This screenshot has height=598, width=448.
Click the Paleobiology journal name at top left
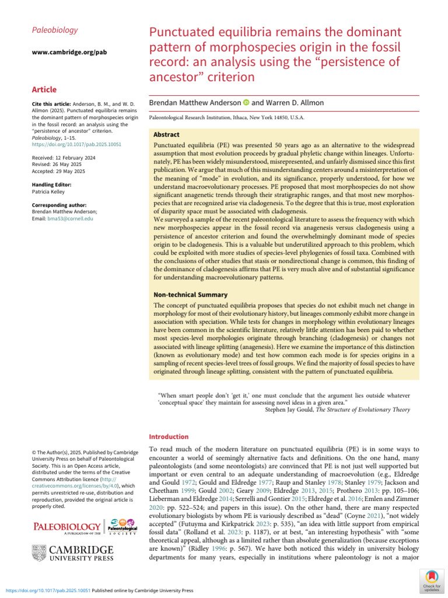[54, 30]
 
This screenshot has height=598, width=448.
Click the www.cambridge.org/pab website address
[68, 53]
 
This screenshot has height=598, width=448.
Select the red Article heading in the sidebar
[44, 89]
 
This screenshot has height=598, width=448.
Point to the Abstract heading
[166, 134]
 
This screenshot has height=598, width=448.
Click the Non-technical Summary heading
[190, 295]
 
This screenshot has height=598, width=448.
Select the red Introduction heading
[169, 436]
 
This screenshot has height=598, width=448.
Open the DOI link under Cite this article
[76, 144]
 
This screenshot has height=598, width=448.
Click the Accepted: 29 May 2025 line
[59, 171]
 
